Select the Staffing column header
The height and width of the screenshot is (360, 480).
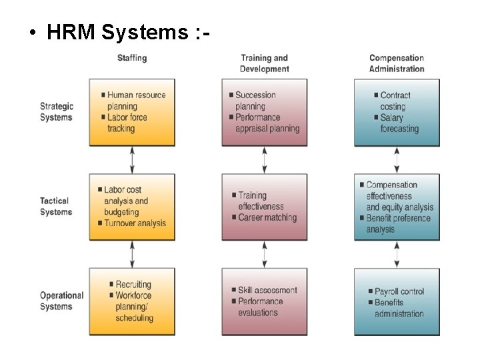[x=132, y=58]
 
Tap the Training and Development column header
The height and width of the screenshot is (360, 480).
[x=265, y=63]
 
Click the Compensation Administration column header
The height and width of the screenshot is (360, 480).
[x=397, y=63]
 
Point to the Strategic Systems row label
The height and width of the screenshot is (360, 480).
[x=57, y=112]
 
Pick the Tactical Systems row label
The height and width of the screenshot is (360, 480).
[x=56, y=207]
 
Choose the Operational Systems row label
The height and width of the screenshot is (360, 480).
[x=61, y=301]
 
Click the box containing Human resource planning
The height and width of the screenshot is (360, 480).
[x=132, y=112]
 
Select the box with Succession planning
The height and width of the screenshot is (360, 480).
[x=265, y=112]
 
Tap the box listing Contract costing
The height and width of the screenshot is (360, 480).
[x=397, y=112]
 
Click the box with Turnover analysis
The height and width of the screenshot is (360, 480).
[x=132, y=207]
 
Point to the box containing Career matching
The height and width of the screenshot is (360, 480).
[x=265, y=207]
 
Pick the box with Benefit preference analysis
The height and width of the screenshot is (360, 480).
[x=397, y=207]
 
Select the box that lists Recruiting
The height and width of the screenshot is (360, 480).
[x=132, y=301]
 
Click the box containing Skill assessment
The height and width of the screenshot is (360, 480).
[x=265, y=301]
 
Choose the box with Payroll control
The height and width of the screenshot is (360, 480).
[x=397, y=301]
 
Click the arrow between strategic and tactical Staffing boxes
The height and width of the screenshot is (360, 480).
[x=132, y=160]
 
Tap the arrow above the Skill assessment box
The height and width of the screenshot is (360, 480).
[x=265, y=254]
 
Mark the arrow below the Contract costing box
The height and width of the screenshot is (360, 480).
[x=397, y=160]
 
